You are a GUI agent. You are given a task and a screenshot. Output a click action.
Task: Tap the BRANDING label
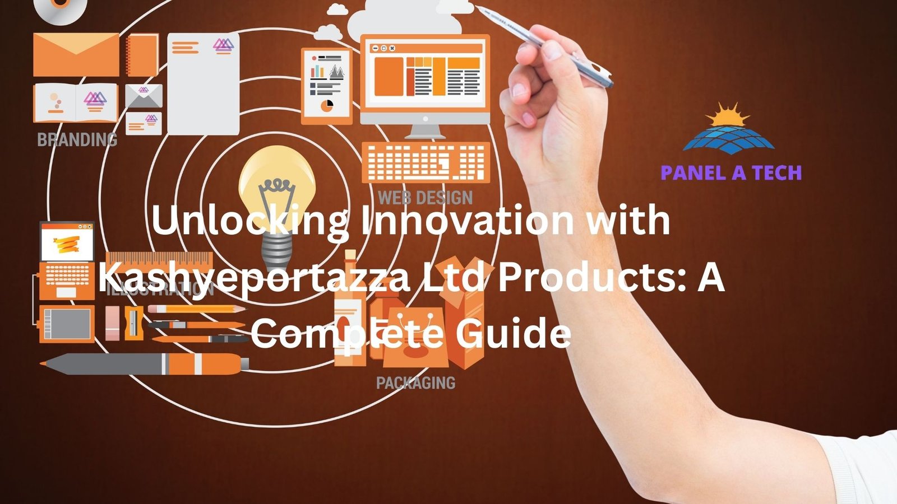coord(77,139)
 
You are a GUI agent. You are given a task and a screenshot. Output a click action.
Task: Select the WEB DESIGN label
coord(425,197)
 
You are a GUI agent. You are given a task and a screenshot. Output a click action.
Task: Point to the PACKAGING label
coord(415,383)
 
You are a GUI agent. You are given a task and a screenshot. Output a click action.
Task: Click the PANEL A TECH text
coord(731,172)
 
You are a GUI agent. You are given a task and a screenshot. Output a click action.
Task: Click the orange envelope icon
coord(76,54)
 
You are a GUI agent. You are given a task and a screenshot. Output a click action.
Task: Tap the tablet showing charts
coord(327,85)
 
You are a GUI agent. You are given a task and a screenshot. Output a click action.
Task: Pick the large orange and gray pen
coord(146,364)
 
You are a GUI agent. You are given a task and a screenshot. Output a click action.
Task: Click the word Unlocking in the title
coord(249,220)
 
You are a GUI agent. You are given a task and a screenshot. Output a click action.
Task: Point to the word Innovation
coord(467,220)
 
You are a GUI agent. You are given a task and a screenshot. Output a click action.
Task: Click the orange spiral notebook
coord(142,54)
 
